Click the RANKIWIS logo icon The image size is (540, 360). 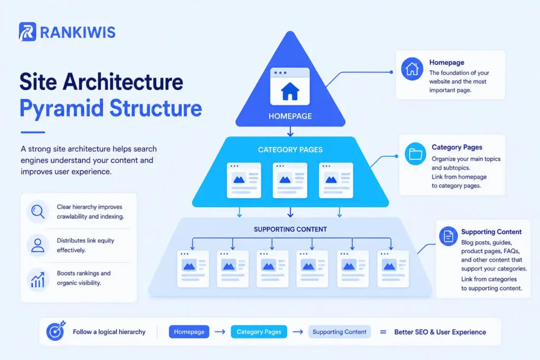(x=27, y=32)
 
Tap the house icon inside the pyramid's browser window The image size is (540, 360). (x=290, y=92)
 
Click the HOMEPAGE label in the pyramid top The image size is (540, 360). (x=290, y=116)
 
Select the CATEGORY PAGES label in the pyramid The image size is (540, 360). (x=290, y=150)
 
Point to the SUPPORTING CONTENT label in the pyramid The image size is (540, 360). (x=290, y=229)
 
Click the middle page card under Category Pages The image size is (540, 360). (x=290, y=180)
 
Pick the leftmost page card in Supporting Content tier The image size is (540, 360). (x=193, y=268)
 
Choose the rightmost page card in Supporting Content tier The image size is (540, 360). (x=393, y=268)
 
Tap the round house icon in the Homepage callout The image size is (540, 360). (x=412, y=69)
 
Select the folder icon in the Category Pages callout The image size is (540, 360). (x=416, y=154)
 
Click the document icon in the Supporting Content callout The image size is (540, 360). (x=449, y=237)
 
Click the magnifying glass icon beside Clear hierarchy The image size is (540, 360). (x=37, y=212)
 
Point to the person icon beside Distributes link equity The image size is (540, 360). (x=37, y=245)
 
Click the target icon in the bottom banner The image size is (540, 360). (x=55, y=332)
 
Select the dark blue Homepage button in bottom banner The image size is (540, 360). (x=189, y=332)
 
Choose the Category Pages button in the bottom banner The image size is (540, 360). (x=258, y=332)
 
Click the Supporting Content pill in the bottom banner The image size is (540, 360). (x=339, y=332)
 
